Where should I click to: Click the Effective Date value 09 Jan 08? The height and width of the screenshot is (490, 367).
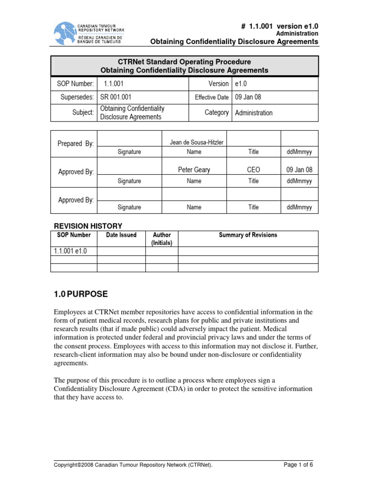[x=248, y=98]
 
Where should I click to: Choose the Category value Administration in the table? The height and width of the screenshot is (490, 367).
[x=253, y=113]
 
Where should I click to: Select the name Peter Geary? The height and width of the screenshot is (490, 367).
[x=194, y=170]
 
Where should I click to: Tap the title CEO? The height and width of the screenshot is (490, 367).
[x=253, y=170]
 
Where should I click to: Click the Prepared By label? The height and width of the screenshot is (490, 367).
[x=76, y=144]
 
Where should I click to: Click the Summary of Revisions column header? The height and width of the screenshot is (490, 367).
[x=248, y=235]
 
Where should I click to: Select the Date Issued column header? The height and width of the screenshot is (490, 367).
[x=121, y=235]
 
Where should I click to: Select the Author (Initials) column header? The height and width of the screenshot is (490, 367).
[x=162, y=239]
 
